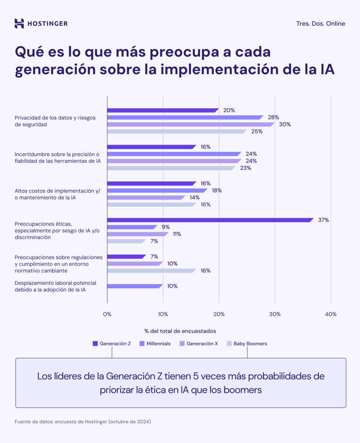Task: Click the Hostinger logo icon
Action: tap(19, 24)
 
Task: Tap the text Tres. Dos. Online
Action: tap(320, 24)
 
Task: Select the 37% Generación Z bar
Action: tap(210, 220)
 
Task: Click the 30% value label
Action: tap(285, 124)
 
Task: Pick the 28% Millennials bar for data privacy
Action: tap(185, 117)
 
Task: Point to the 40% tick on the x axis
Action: tap(330, 314)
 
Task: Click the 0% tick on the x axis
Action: tap(107, 314)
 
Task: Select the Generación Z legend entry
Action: tap(112, 344)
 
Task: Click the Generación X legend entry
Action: tap(198, 344)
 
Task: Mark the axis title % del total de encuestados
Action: tap(180, 331)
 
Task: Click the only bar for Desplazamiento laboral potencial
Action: tap(134, 286)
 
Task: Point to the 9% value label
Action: tap(165, 227)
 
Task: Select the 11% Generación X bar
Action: tap(137, 234)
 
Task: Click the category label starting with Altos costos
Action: tap(57, 194)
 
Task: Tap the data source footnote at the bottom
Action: tap(83, 422)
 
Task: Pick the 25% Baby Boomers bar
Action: tap(176, 131)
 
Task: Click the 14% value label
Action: tap(195, 198)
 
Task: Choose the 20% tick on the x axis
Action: tap(219, 314)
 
